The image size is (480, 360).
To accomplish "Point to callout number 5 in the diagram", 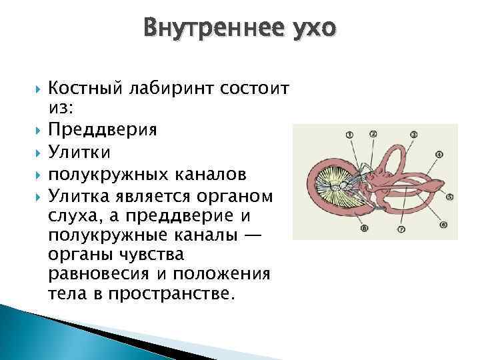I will (x=450, y=197).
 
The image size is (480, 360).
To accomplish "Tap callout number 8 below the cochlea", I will (x=364, y=229).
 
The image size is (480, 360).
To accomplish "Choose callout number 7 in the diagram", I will (x=401, y=229).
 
